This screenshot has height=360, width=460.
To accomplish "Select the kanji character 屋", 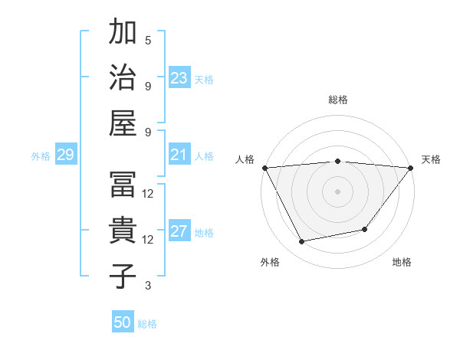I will (123, 123).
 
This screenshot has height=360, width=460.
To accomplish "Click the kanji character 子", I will (123, 276).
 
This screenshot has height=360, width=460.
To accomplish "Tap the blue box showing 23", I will (179, 78).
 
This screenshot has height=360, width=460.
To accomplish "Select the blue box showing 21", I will (179, 155).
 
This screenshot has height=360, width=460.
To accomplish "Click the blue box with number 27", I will (179, 232).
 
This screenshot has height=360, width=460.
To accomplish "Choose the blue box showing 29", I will (65, 155).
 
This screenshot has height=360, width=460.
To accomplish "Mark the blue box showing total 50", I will (123, 322).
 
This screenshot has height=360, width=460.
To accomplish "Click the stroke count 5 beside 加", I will (148, 41).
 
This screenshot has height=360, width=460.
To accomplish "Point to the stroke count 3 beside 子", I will (148, 286).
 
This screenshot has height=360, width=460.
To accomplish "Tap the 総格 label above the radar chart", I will (337, 100).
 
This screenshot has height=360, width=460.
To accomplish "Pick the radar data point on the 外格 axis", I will (302, 242).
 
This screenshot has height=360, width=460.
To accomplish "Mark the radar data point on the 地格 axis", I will (365, 229).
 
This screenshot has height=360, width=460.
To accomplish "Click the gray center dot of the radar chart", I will (337, 191).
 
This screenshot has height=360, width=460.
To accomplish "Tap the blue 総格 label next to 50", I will (147, 324).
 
